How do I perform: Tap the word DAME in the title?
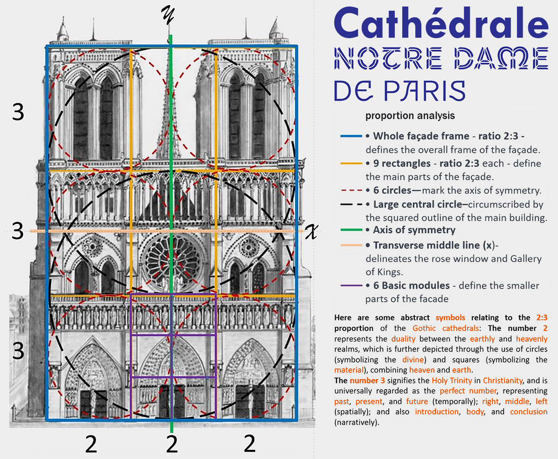[x=501, y=58]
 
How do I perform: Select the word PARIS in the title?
[x=425, y=91]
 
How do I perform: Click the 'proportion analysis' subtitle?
[x=410, y=115]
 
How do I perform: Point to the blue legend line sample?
[x=351, y=136]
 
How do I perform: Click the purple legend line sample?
[x=351, y=285]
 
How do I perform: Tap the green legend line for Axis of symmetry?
[x=351, y=230]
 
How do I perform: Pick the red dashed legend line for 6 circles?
[x=351, y=190]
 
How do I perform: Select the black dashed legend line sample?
[x=351, y=204]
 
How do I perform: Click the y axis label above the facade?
[x=168, y=15]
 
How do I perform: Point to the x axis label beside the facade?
[x=312, y=232]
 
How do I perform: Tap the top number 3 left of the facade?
[x=18, y=112]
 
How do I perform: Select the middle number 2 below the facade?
[x=172, y=443]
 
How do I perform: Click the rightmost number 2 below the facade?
[x=250, y=443]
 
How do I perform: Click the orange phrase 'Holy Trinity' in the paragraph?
[x=452, y=381]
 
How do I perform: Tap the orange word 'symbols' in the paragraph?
[x=450, y=318]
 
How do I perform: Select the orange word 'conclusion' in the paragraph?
[x=529, y=412]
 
